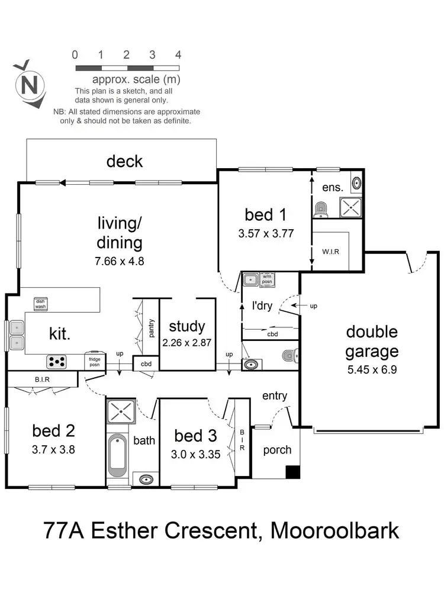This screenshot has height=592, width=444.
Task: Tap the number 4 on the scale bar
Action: [178, 55]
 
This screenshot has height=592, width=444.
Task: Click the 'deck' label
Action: [124, 161]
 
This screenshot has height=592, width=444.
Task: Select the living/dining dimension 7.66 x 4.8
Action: [120, 259]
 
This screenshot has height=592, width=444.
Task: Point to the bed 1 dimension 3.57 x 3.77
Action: [266, 233]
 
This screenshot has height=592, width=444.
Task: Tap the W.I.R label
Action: [330, 251]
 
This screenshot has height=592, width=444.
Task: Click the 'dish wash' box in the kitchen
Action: [40, 304]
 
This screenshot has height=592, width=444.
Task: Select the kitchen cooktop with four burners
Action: [57, 361]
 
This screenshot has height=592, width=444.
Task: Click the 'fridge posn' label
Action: [95, 361]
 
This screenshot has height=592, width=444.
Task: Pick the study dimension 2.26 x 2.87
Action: [187, 342]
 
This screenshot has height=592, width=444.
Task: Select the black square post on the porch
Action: [291, 472]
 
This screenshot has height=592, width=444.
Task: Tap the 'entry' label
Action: [275, 395]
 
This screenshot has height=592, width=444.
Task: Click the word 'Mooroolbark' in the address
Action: [334, 530]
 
